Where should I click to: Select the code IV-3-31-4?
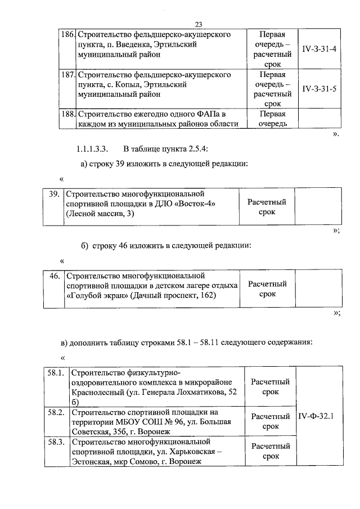(319, 49)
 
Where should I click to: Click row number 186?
(67, 34)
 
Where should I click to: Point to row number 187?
(67, 74)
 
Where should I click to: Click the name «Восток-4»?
(196, 203)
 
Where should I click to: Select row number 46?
(54, 276)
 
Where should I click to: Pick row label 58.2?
(57, 412)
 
